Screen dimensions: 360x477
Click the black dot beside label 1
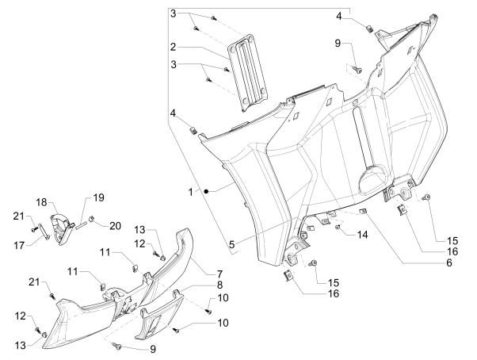click(x=204, y=192)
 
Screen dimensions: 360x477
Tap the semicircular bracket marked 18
click(x=63, y=224)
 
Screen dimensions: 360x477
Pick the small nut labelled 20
click(x=93, y=219)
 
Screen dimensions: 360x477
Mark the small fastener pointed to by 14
click(x=338, y=228)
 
